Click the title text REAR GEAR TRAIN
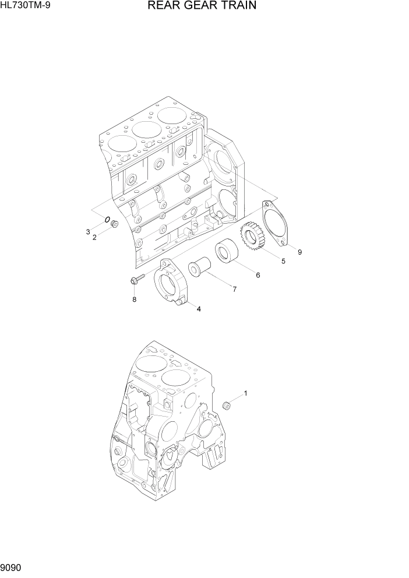pos(202,5)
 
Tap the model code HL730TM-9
pos(26,5)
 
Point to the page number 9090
pos(11,568)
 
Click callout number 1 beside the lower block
pos(246,393)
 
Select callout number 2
pos(94,238)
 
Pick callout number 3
pos(88,232)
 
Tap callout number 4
pos(199,309)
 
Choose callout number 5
pos(283,262)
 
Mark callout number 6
pos(258,275)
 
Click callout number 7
pos(235,290)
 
